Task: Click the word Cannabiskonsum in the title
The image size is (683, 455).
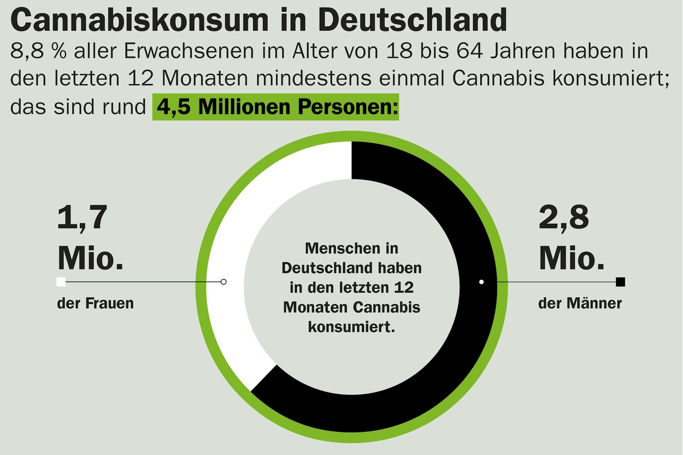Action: point(140,20)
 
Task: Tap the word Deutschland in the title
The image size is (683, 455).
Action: point(412,20)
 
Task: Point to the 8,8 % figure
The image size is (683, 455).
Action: point(39,51)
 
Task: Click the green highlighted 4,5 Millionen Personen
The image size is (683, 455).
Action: point(276,107)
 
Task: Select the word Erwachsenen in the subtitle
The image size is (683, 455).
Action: point(189,51)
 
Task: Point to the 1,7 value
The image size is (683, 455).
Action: point(82,218)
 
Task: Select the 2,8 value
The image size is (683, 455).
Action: point(563,218)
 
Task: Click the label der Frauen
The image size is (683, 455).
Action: point(95,303)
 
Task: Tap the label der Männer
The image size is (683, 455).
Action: point(580,303)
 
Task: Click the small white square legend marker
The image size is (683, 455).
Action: point(61,282)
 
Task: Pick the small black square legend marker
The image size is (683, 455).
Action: point(621,282)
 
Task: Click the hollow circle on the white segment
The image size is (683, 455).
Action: point(224,282)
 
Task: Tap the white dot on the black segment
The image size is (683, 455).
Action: point(481,282)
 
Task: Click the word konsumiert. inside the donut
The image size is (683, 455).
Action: point(351,327)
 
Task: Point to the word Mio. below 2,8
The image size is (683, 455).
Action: point(571,259)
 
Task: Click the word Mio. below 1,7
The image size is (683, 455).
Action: point(90,259)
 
